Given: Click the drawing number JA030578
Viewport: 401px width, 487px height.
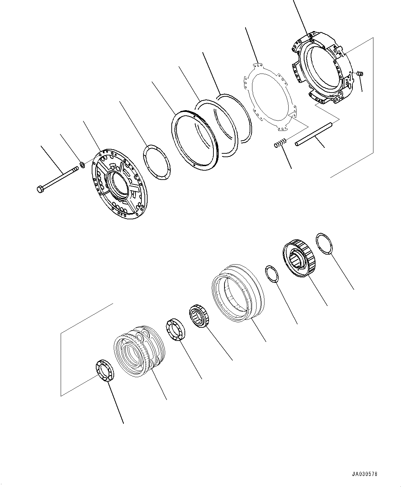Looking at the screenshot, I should point(365,474).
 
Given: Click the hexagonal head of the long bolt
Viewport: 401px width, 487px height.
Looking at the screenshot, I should point(40,189).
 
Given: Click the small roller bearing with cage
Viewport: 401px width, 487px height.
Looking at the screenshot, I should point(199,315).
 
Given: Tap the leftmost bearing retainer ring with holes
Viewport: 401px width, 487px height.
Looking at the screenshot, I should point(104,370).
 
